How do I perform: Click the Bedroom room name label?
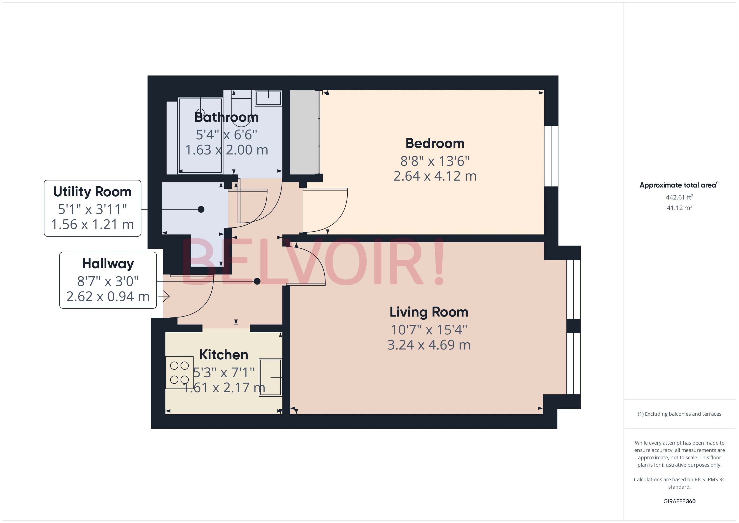pyautogui.click(x=435, y=143)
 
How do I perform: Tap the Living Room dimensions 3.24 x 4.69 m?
pyautogui.click(x=429, y=345)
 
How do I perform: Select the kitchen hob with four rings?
pyautogui.click(x=179, y=373)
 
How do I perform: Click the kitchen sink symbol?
pyautogui.click(x=270, y=377)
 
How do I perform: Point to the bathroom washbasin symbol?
pyautogui.click(x=268, y=98)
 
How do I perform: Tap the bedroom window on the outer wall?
pyautogui.click(x=551, y=156)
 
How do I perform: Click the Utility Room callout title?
pyautogui.click(x=92, y=192)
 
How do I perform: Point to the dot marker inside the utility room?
pyautogui.click(x=201, y=209)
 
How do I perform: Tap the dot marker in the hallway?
pyautogui.click(x=257, y=281)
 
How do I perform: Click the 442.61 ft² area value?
pyautogui.click(x=679, y=197)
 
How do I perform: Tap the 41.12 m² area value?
pyautogui.click(x=679, y=208)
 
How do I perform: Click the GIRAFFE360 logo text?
pyautogui.click(x=679, y=501)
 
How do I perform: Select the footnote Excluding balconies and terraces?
pyautogui.click(x=679, y=414)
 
